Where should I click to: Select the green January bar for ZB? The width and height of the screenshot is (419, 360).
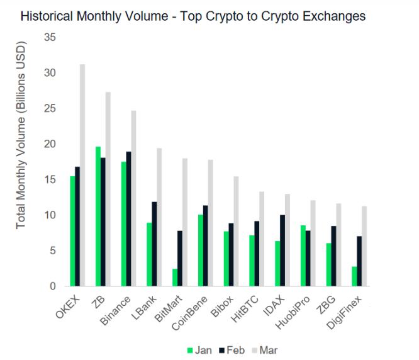pos(98,217)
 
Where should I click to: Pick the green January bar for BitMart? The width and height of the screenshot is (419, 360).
pos(175,278)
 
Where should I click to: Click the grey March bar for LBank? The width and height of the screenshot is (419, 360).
pos(159,217)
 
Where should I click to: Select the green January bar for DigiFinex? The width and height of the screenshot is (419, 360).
pos(355,276)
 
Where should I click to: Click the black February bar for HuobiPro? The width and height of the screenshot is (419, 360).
pos(308,259)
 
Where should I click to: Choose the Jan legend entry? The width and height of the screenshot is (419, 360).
pos(198,350)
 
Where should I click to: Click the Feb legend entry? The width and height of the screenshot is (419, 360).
pos(232,350)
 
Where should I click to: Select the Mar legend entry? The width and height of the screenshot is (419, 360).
pos(265,350)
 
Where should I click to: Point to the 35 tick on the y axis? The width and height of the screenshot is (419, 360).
pos(50,38)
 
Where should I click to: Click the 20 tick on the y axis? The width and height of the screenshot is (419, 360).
pos(50,144)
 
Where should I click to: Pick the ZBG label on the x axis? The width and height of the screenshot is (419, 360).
pos(327,301)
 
